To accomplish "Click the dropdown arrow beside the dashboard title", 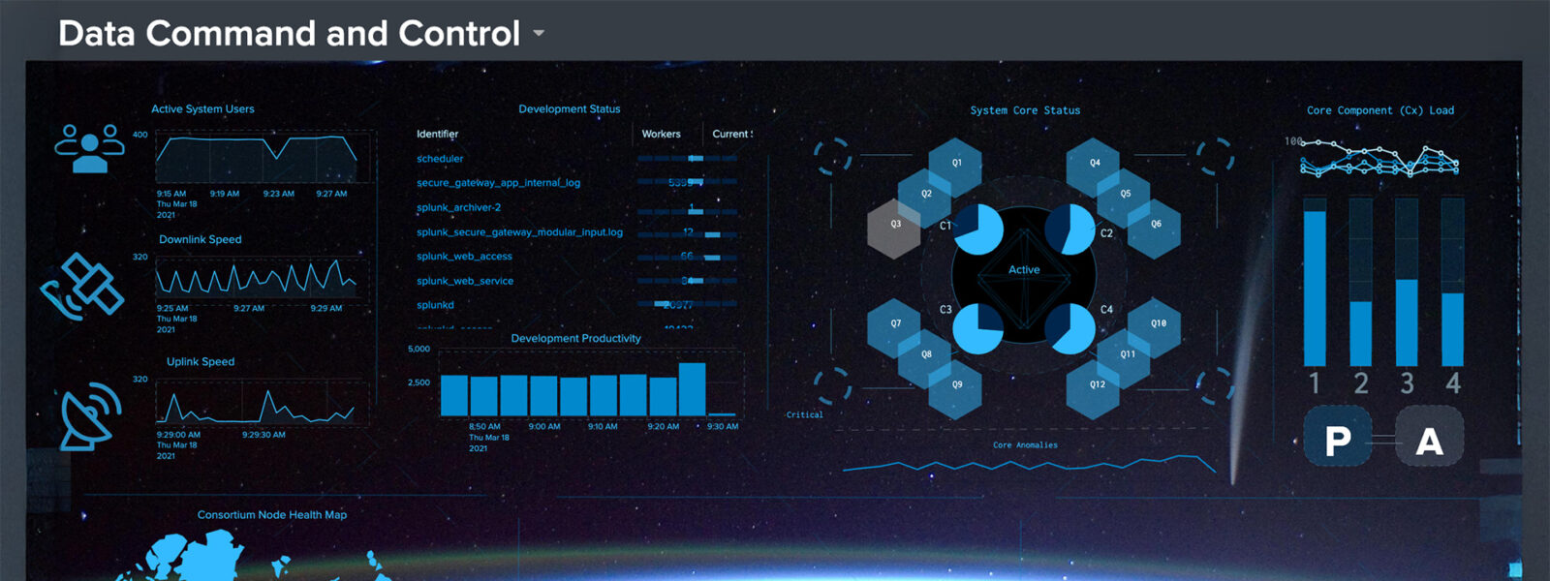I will (x=539, y=34).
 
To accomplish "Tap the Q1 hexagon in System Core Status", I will (x=955, y=164).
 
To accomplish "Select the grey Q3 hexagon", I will (x=894, y=226).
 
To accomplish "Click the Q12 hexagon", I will (x=1096, y=385).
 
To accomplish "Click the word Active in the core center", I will (x=1024, y=270).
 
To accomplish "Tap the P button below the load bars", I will (x=1338, y=442).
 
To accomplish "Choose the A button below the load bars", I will (x=1429, y=442).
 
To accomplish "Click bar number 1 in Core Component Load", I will (x=1315, y=286).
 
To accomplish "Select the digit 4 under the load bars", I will (x=1453, y=383).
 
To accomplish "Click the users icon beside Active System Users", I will (x=89, y=147).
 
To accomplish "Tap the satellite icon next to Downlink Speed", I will (x=82, y=287).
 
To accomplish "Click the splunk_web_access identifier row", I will (x=464, y=257).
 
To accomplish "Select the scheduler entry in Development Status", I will (x=440, y=159).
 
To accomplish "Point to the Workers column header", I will (x=661, y=135).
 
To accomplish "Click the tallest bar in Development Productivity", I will (x=692, y=388).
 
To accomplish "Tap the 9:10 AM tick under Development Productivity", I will (x=603, y=427).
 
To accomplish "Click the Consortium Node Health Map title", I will (x=272, y=515).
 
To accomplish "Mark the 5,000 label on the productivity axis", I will (x=418, y=350).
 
